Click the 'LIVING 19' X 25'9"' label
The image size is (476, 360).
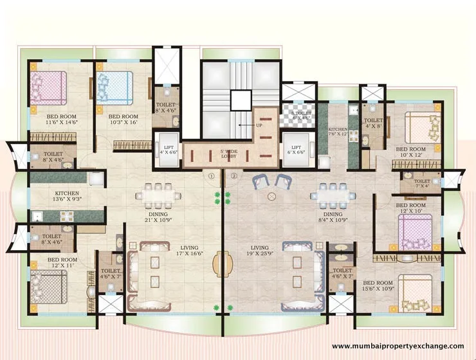[x=261, y=250]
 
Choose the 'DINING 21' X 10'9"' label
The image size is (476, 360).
[x=157, y=218]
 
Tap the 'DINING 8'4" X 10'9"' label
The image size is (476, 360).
[x=333, y=218]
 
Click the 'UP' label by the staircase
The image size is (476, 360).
[x=259, y=126]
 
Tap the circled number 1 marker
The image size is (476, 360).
[x=210, y=175]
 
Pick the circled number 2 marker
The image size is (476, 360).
[x=234, y=175]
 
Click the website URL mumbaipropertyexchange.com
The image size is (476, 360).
[x=397, y=346]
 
